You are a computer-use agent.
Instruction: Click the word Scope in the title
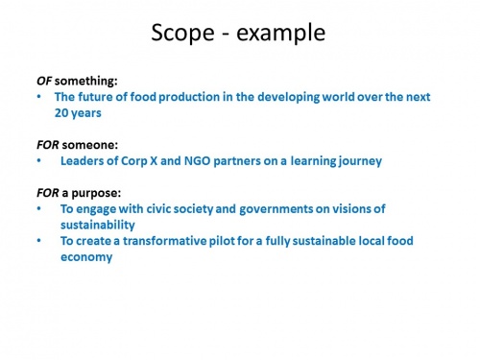pyautogui.click(x=182, y=33)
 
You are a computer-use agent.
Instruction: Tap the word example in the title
pyautogui.click(x=280, y=33)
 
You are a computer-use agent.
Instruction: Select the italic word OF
pyautogui.click(x=44, y=81)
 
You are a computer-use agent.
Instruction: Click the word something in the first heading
pyautogui.click(x=85, y=82)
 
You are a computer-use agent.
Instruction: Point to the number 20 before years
pyautogui.click(x=61, y=113)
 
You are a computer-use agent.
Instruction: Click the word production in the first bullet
pyautogui.click(x=189, y=97)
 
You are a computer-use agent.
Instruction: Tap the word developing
pyautogui.click(x=288, y=97)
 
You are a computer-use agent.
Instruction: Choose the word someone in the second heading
pyautogui.click(x=90, y=145)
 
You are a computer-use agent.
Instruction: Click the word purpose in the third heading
pyautogui.click(x=96, y=194)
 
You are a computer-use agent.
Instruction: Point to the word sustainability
pyautogui.click(x=98, y=226)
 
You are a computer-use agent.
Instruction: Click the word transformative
pyautogui.click(x=164, y=241)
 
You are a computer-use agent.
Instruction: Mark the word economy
pyautogui.click(x=86, y=257)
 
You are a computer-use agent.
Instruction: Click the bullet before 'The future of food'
pyautogui.click(x=39, y=97)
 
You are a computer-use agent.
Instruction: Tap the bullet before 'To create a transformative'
pyautogui.click(x=39, y=241)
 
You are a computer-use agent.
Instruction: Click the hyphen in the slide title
pyautogui.click(x=226, y=35)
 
